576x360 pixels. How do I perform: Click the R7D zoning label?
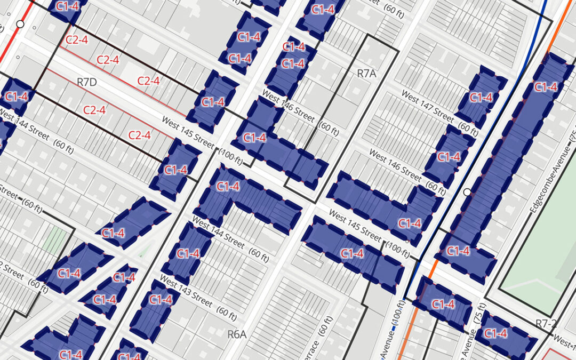[86, 82]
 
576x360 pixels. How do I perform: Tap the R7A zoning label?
[366, 74]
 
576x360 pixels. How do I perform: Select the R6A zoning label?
[237, 334]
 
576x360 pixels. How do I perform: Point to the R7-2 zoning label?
[546, 323]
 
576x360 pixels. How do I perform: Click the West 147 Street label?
[427, 106]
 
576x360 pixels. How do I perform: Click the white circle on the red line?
[20, 24]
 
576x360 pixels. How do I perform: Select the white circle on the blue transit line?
[468, 192]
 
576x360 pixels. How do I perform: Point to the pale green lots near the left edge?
[57, 240]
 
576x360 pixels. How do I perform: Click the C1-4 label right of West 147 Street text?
[481, 98]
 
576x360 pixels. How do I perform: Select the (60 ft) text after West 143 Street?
[227, 313]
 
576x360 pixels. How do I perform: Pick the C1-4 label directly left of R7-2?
[495, 333]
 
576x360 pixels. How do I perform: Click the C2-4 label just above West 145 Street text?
[140, 135]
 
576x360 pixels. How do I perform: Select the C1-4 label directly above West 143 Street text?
[188, 253]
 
